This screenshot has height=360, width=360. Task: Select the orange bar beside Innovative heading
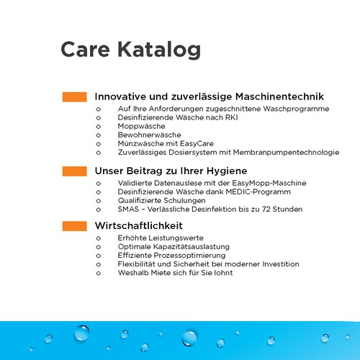tap(74, 96)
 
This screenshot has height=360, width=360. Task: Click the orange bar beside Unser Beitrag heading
tap(74, 171)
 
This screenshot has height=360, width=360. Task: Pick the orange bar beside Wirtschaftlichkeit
tap(74, 226)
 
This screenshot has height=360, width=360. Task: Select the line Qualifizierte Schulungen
tap(161, 201)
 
